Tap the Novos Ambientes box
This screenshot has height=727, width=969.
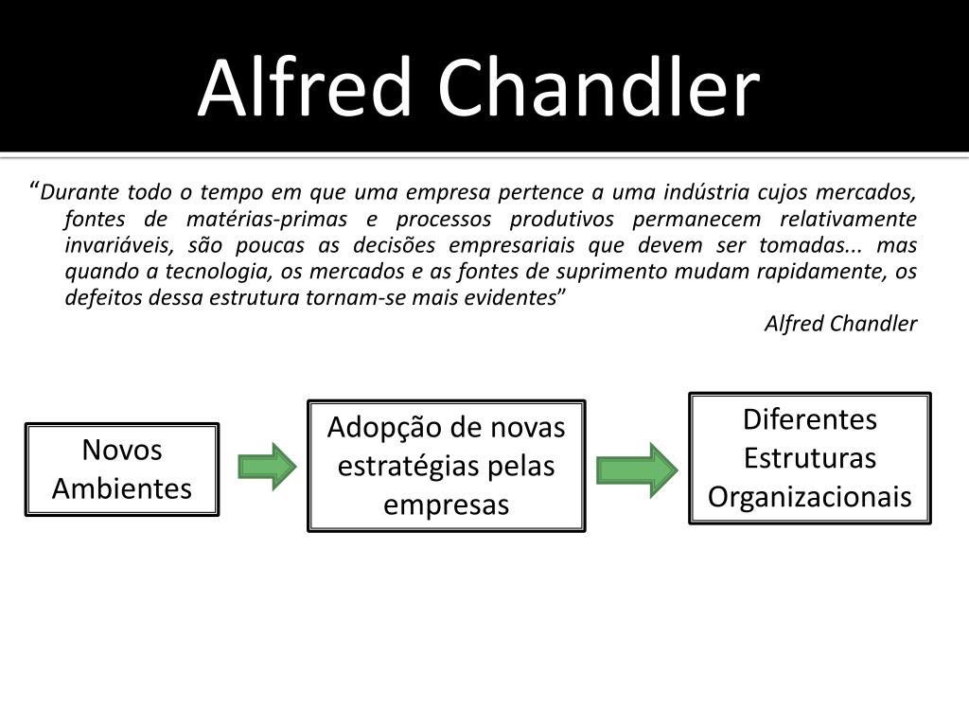(x=121, y=470)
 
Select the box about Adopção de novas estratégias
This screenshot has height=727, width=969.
(x=446, y=466)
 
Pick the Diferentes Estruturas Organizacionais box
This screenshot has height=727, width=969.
(x=810, y=458)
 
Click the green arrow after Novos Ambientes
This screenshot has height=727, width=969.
(x=267, y=466)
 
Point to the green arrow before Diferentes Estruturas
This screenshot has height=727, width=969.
(x=637, y=469)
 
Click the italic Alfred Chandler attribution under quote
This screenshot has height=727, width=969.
(x=840, y=324)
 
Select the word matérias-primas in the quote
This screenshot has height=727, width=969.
(x=263, y=220)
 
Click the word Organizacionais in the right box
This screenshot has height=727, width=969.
(x=810, y=497)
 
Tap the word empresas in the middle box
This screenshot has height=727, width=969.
(x=446, y=505)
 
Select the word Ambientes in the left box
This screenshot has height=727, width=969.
(x=121, y=488)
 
